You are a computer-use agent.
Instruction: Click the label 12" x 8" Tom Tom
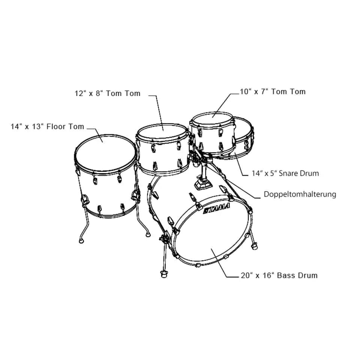[x=107, y=93]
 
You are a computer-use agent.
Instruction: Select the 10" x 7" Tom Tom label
[x=273, y=91]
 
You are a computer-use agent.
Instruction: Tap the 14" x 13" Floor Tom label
[x=47, y=127]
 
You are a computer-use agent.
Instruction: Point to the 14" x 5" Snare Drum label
[x=285, y=173]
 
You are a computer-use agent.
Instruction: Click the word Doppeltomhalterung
[x=300, y=194]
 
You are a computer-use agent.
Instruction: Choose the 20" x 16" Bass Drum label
[x=279, y=275]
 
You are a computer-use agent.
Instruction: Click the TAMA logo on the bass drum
[x=217, y=209]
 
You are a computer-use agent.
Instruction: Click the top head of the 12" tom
[x=162, y=132]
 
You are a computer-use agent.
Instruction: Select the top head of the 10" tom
[x=212, y=118]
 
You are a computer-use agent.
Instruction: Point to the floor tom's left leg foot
[x=81, y=240]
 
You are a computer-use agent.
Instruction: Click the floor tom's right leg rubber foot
[x=148, y=235]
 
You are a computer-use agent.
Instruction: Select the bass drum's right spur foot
[x=255, y=246]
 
